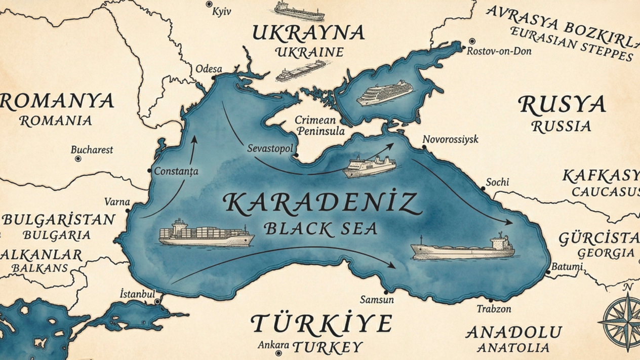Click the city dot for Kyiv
point(209,4)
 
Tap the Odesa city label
point(209,69)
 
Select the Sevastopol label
point(270,148)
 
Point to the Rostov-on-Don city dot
point(472,42)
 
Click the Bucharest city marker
point(78,159)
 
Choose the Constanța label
point(176,171)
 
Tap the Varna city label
point(117,202)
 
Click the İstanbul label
point(137,293)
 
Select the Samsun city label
point(377,300)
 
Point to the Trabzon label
point(494,308)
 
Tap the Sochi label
point(497,182)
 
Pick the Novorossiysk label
point(451,139)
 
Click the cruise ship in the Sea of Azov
point(385,93)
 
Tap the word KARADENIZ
point(322,203)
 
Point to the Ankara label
point(273,345)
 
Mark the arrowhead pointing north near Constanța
point(193,139)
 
